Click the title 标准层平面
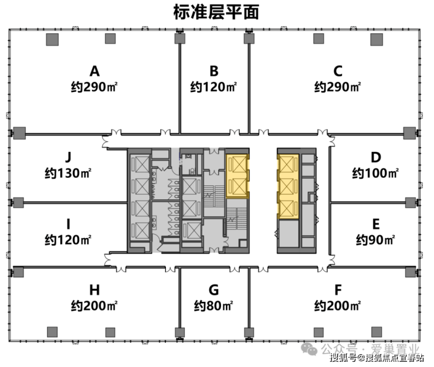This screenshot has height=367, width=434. (216, 12)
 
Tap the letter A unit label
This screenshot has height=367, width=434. (94, 71)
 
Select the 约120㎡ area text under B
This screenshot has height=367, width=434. (213, 87)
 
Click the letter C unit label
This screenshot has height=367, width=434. (338, 71)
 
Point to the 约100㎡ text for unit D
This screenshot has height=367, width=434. (375, 174)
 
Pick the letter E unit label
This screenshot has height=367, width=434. (375, 224)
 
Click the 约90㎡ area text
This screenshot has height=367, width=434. (375, 240)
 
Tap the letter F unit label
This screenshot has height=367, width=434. (338, 290)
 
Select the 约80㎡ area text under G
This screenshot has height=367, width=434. (213, 306)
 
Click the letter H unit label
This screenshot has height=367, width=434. (94, 290)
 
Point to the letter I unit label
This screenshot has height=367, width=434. (68, 224)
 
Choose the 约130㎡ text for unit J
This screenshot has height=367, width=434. (68, 174)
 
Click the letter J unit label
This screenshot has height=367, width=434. (68, 157)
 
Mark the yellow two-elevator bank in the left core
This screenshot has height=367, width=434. (238, 176)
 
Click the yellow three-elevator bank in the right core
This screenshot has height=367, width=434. (288, 186)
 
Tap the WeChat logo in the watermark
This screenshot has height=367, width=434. (309, 349)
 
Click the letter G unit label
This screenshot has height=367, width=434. (213, 290)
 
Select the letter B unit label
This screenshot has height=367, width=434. (213, 71)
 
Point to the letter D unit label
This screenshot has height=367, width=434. (375, 157)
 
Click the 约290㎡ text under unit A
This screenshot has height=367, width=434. (94, 87)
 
